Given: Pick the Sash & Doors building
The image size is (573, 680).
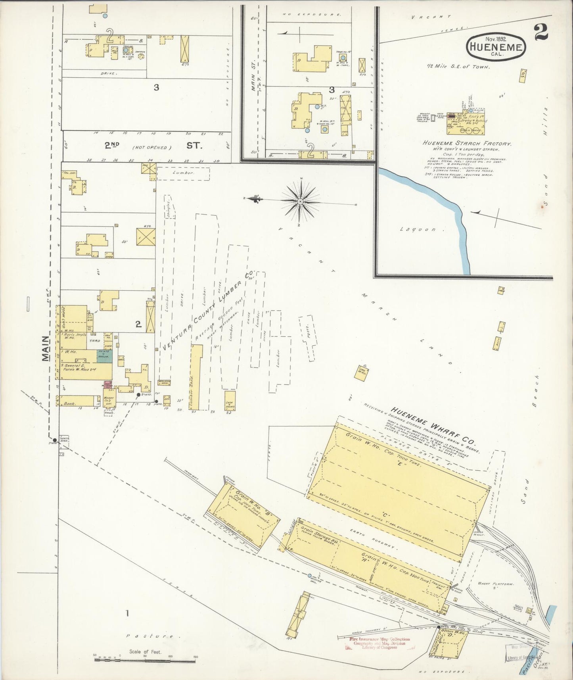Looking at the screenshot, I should (x=230, y=400).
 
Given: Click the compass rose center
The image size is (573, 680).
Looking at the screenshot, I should (x=300, y=202).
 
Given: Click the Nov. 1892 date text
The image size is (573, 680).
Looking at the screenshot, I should (x=497, y=38).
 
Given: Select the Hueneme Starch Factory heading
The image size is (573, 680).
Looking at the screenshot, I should (x=466, y=144).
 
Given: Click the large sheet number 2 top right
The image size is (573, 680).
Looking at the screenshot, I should (x=541, y=33).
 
